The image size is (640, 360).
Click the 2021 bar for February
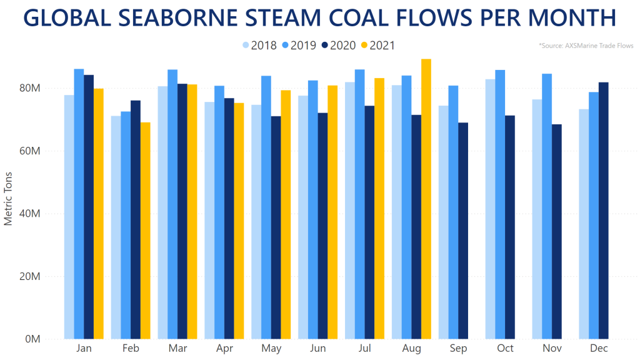[145, 231]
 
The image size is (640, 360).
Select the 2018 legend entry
[259, 46]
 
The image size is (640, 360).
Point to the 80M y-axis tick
[31, 88]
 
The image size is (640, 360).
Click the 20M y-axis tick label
[31, 276]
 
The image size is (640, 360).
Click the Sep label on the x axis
[459, 349]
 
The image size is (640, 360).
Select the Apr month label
[224, 349]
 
